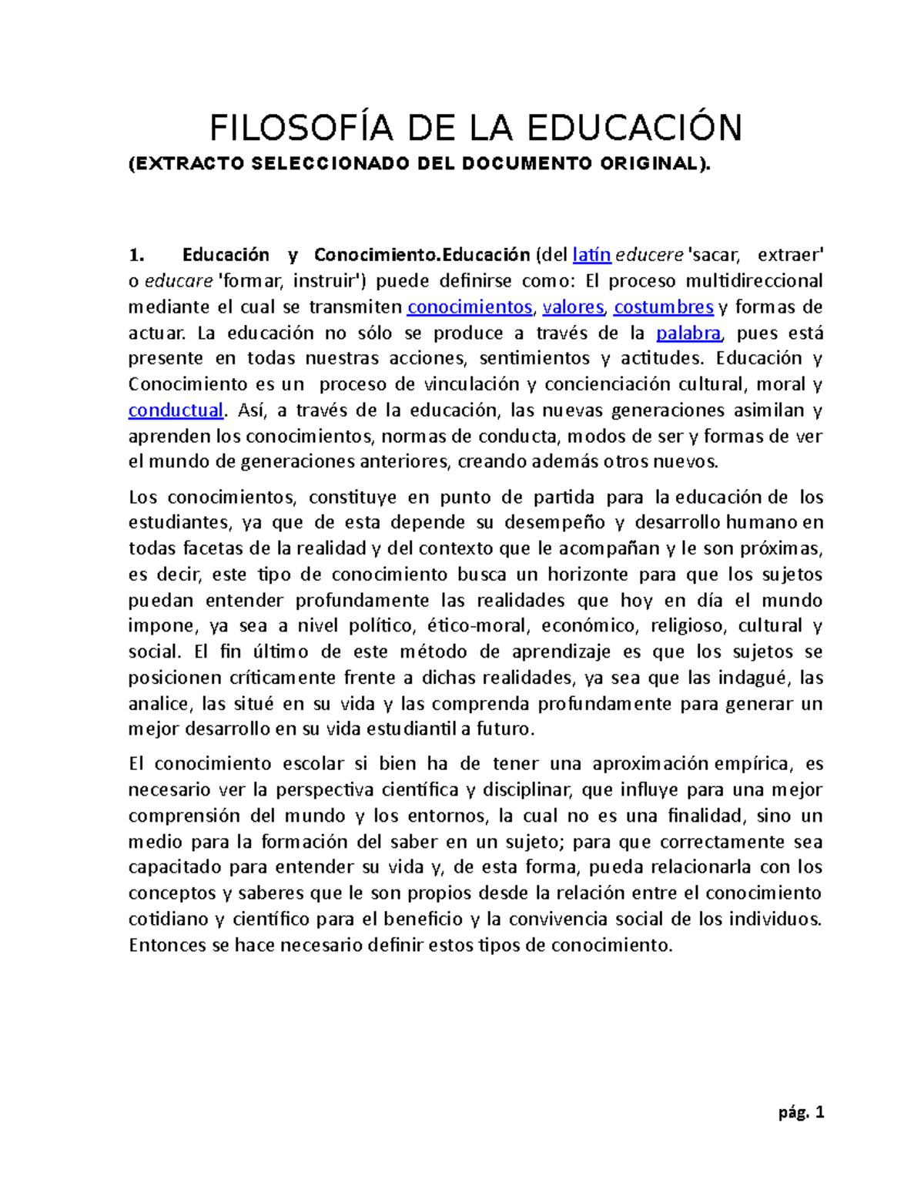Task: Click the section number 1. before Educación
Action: (x=136, y=255)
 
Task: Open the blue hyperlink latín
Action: (x=591, y=255)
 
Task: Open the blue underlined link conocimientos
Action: (x=469, y=307)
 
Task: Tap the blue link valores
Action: (x=573, y=307)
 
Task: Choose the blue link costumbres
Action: (x=663, y=307)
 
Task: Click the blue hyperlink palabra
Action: (x=688, y=333)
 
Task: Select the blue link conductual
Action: (x=176, y=410)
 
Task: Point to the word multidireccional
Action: (x=754, y=281)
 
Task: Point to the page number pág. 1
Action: (x=801, y=1112)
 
